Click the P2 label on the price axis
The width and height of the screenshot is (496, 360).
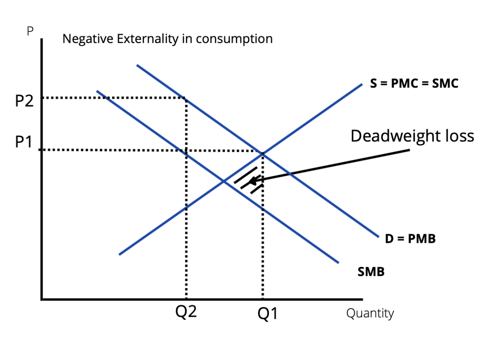pos(24,101)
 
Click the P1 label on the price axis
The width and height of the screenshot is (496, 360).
pos(23,142)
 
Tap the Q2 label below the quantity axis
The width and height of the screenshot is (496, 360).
pos(186,312)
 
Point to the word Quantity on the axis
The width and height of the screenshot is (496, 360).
pos(370,313)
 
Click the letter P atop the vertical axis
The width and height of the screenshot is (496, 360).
pos(30,32)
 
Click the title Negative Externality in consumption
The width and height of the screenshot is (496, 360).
pos(168,39)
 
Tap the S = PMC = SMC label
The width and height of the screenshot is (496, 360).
pos(414,84)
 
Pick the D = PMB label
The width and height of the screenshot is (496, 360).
pos(410,239)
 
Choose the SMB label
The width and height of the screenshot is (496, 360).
pos(371,273)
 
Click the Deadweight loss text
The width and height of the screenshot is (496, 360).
pos(412,136)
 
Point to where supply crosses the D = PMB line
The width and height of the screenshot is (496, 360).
pos(263,153)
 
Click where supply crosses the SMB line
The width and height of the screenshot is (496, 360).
pos(224,181)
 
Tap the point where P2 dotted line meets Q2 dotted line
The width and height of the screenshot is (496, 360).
pos(187,98)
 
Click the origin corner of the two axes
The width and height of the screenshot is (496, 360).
pos(42,299)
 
